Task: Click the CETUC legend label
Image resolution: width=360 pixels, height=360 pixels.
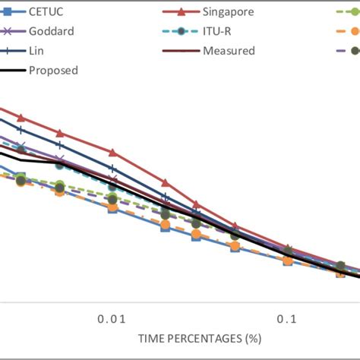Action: pos(48,12)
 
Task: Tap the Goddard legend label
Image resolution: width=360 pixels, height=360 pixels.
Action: pos(51,32)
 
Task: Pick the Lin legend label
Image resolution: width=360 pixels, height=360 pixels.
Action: pos(36,52)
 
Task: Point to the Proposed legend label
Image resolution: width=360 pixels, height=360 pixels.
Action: pos(52,71)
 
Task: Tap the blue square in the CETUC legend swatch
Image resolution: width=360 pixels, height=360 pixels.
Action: pos(8,12)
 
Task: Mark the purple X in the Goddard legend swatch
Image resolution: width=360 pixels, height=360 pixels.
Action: pos(8,32)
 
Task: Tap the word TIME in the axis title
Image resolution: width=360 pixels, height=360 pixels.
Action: pos(151,336)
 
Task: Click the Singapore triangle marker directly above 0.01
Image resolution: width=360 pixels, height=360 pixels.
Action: pos(112,153)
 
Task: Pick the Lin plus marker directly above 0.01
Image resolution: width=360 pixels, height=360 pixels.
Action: pos(112,169)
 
